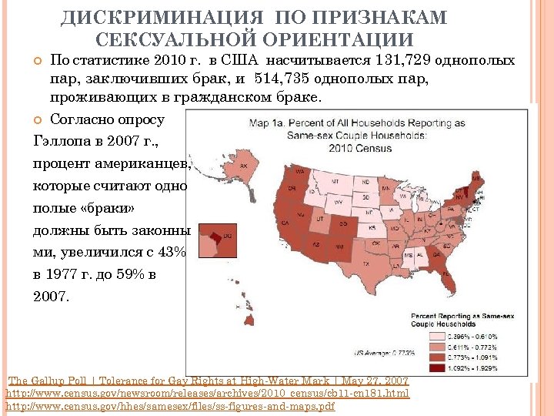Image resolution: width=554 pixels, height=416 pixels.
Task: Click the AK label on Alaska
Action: point(245,166)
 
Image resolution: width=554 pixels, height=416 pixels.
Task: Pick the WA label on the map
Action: point(299,171)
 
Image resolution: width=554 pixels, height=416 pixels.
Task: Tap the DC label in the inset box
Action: point(228,236)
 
